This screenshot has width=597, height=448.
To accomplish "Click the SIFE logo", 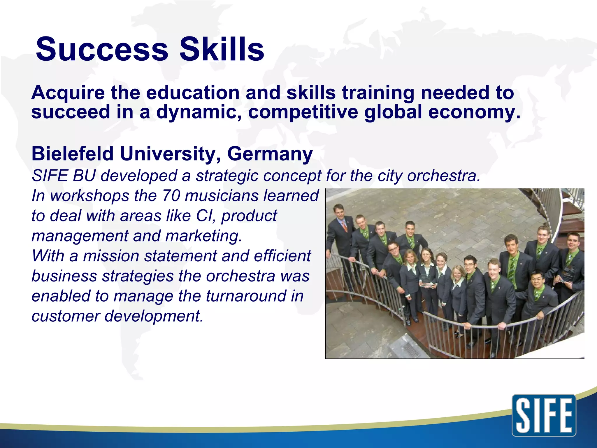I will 544,415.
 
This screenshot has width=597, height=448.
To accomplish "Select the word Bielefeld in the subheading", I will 72,154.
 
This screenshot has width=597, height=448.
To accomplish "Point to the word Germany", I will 270,154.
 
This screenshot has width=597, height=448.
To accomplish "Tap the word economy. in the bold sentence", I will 474,112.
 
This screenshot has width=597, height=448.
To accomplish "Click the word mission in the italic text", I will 111,256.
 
